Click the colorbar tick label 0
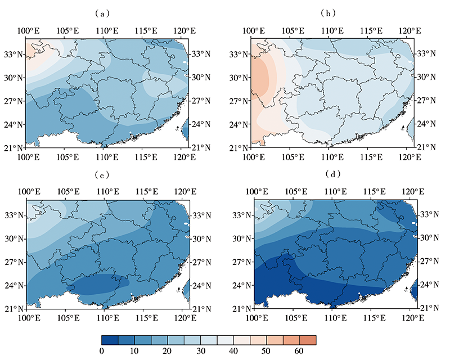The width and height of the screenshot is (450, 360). coord(102,352)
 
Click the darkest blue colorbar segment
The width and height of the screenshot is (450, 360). coord(111,340)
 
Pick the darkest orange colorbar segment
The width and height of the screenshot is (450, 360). coord(308,340)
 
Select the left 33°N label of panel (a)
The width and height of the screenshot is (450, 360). coord(13,54)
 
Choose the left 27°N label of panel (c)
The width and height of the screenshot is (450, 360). coord(13,262)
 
